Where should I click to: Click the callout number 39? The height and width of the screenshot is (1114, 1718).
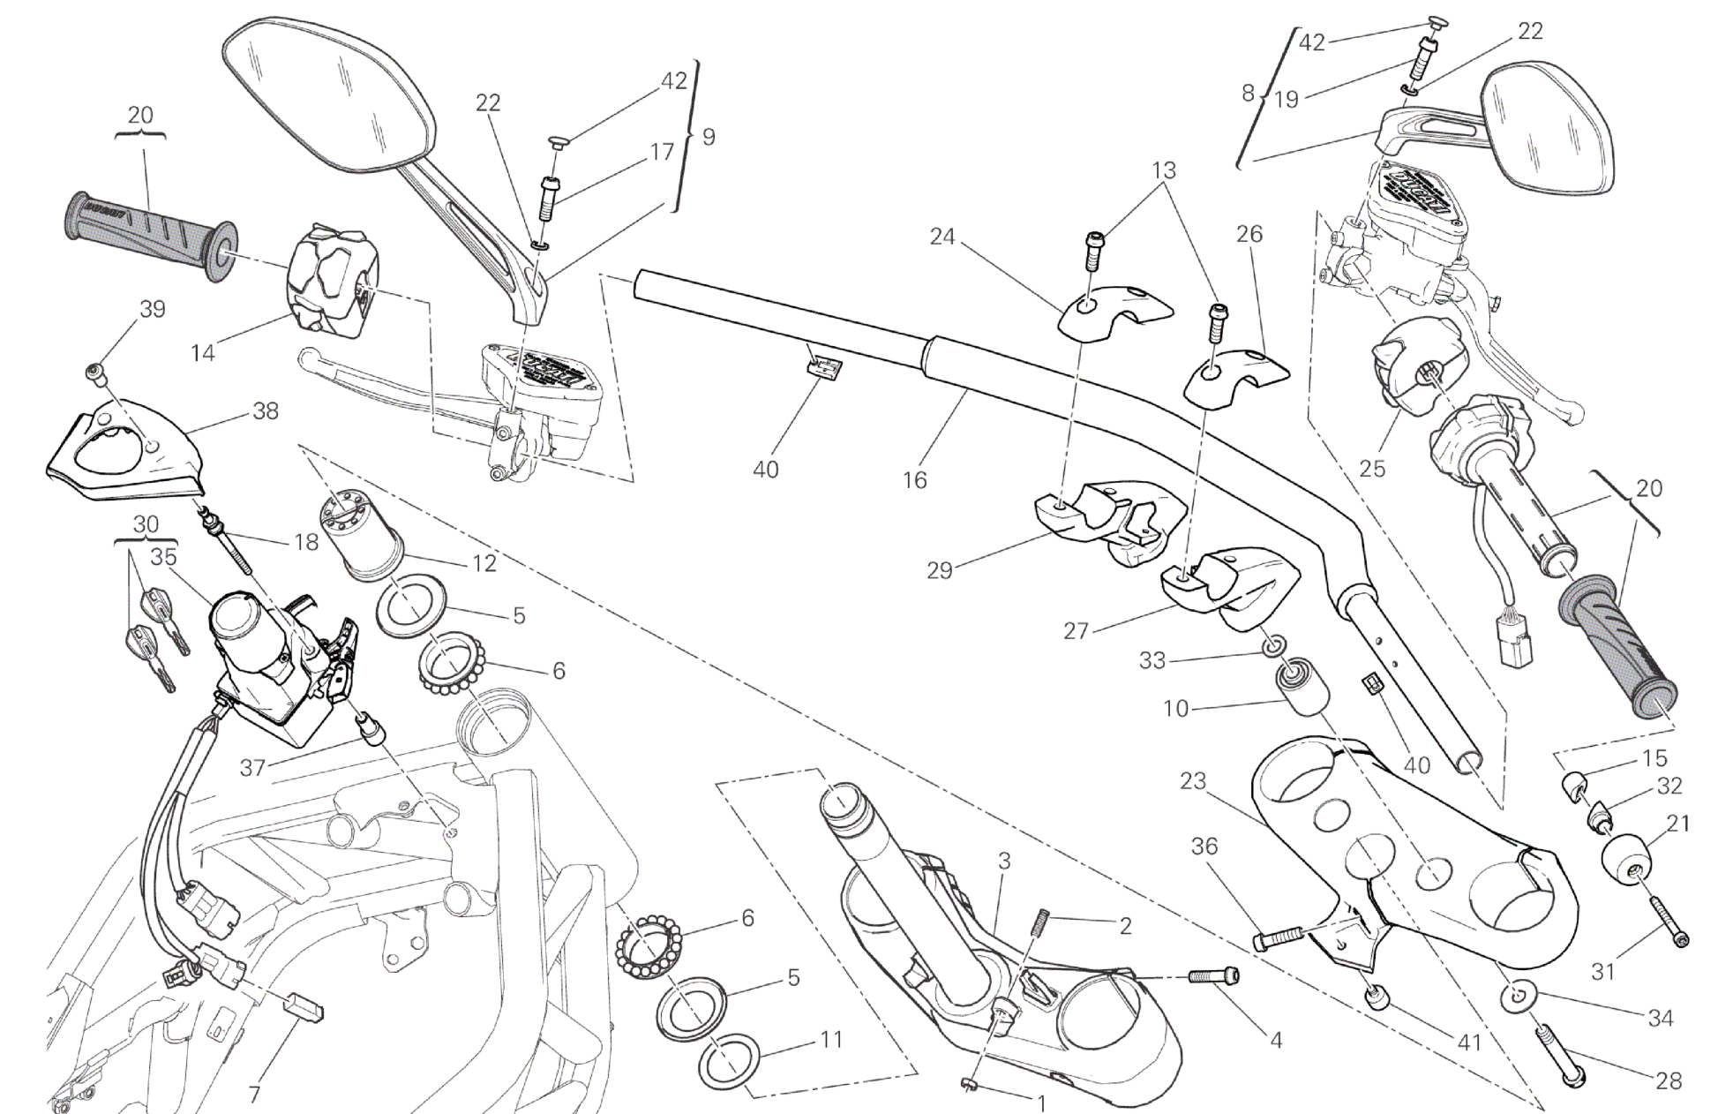pos(153,310)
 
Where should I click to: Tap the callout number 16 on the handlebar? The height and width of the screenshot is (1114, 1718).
pos(915,479)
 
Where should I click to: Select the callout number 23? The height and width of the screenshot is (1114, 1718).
pos(1192,781)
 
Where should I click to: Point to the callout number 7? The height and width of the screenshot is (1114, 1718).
pos(254,1095)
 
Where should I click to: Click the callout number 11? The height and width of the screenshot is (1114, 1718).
pos(831,1040)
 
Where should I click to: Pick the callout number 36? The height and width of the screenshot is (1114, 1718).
pos(1204,847)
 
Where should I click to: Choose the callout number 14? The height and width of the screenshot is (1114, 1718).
pos(202,352)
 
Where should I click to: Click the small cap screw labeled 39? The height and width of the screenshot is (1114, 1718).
pos(95,373)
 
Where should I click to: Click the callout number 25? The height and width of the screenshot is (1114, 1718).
pos(1372,468)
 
